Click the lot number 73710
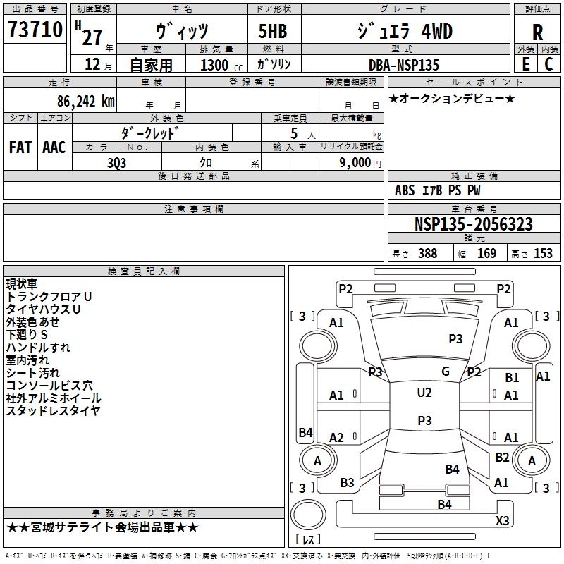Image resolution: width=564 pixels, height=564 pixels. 35,30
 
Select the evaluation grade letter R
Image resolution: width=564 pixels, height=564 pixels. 537,32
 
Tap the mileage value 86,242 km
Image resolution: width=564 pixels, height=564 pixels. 86,102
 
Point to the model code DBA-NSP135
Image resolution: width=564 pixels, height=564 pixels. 404,65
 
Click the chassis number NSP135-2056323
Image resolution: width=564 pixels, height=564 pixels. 473,224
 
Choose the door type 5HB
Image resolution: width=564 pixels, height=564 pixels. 273,31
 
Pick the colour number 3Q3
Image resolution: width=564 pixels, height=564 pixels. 117,163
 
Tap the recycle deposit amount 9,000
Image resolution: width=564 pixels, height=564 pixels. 355,162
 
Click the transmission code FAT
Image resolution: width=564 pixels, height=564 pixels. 20,147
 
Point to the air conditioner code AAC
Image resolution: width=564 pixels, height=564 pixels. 54,147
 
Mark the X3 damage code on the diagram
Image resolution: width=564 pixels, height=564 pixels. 502,520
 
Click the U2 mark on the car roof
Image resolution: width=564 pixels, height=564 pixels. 424,392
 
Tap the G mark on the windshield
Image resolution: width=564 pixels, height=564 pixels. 446,372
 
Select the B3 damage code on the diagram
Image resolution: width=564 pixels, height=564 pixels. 347,483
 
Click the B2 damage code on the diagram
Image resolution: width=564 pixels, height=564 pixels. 502,457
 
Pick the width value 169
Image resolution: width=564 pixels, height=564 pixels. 486,253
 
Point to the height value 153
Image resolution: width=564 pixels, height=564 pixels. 543,253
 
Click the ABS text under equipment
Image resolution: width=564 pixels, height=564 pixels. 405,190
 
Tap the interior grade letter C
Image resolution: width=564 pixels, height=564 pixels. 548,64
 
